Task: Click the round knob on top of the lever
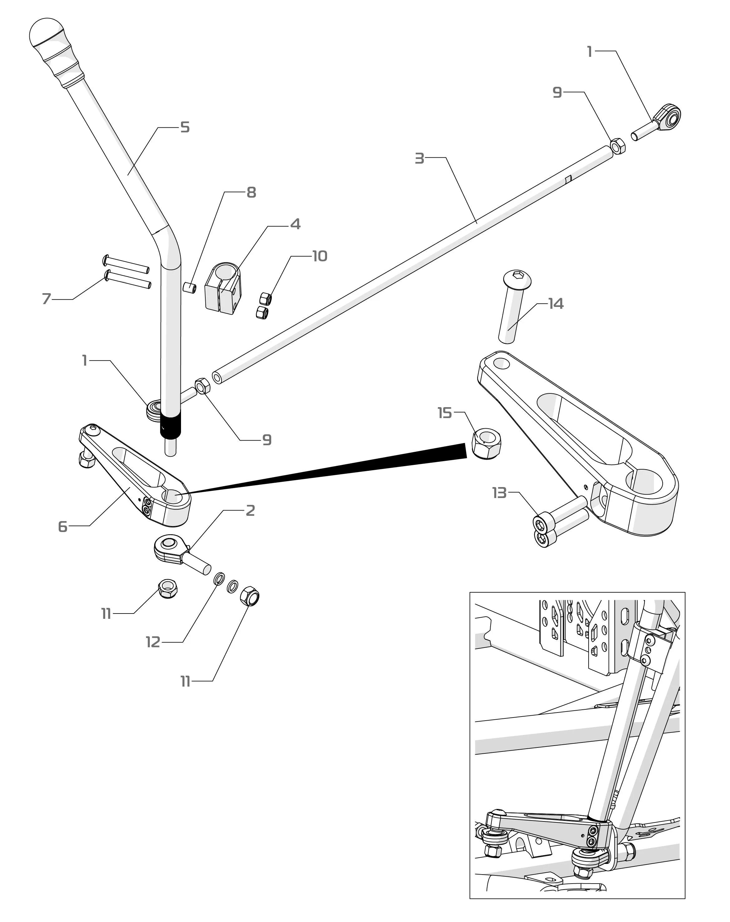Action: (x=46, y=34)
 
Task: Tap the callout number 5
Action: (x=185, y=127)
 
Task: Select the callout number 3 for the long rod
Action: (x=419, y=158)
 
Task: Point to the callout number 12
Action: (x=153, y=642)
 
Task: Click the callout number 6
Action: (x=63, y=526)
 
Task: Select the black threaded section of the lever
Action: (x=170, y=428)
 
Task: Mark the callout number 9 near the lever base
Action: (x=267, y=440)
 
